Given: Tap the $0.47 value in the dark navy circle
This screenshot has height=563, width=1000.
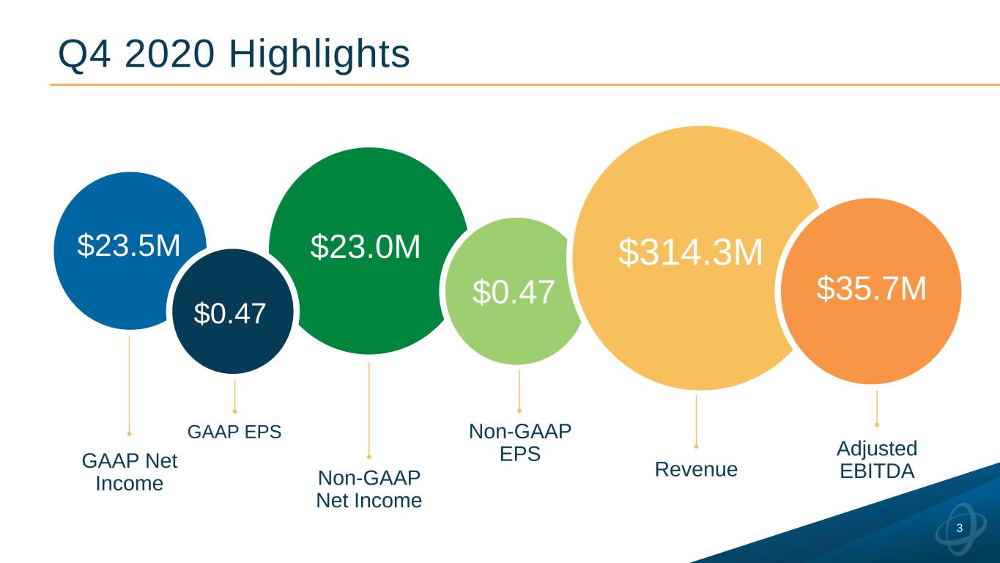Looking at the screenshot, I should coord(229,314).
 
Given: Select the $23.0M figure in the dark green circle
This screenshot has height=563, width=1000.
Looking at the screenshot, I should coord(366,247).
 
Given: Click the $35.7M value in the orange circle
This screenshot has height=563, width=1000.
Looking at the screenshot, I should coord(872,289).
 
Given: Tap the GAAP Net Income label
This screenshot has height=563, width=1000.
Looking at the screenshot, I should coord(130,472).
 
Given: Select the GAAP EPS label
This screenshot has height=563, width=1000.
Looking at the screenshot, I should coord(234,432).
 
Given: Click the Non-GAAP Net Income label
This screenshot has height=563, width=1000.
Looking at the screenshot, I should coord(368,489).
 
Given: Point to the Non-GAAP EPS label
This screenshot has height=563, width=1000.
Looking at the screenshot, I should coord(519,443).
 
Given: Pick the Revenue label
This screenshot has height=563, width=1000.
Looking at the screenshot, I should coord(696,469).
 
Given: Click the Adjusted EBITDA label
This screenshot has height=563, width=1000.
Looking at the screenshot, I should coord(877,460).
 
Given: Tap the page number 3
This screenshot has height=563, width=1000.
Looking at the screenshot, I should coord(960,529).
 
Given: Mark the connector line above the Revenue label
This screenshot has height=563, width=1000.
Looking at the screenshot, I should coord(696,420).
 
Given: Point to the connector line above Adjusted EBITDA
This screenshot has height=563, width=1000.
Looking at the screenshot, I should coord(877,406).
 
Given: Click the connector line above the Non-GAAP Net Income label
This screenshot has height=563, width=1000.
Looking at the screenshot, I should coord(368,408).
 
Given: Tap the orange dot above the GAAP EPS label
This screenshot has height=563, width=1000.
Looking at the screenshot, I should coord(234,411).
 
